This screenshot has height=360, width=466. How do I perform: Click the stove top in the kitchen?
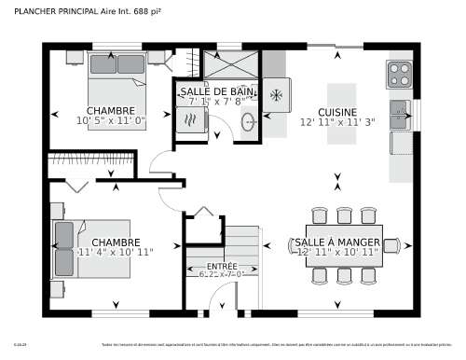[399, 73]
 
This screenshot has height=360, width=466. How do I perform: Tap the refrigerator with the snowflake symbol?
[277, 95]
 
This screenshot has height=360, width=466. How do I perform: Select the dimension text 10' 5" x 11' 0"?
[112, 120]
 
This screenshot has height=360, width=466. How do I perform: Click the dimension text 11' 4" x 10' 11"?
[116, 252]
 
